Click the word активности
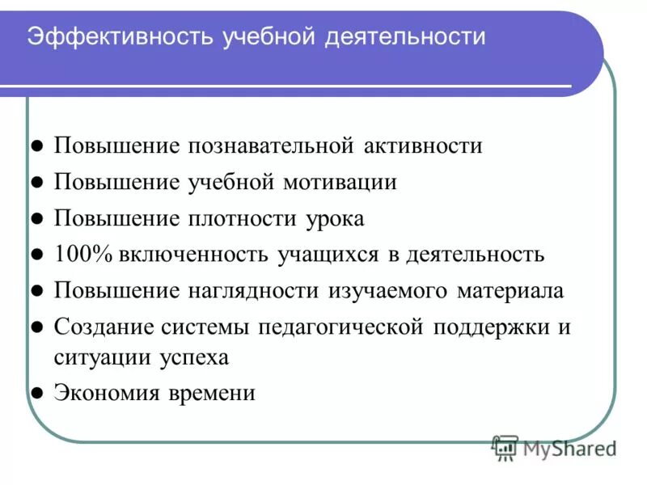(422, 146)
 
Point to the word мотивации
(340, 182)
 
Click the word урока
(336, 218)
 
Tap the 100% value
(83, 255)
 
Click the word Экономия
(101, 394)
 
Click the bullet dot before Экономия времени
(36, 394)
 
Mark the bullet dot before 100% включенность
(36, 255)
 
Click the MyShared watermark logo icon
(505, 447)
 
